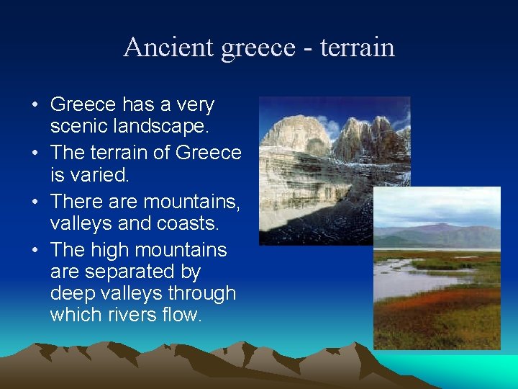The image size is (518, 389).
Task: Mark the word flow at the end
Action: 180,316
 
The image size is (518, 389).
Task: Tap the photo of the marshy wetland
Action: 437,288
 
